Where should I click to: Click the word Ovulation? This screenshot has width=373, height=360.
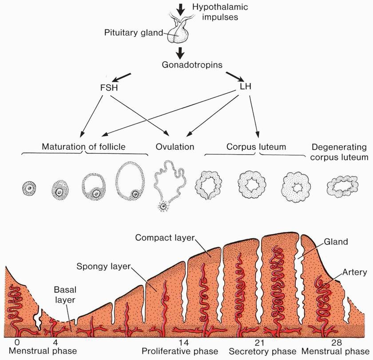click(175, 146)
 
